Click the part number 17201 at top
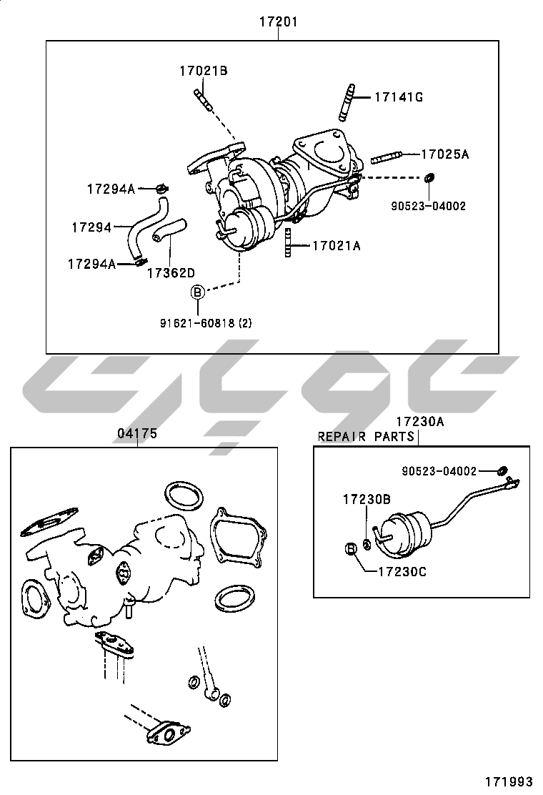point(279,21)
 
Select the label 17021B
point(204,71)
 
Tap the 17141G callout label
point(399,97)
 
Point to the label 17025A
point(445,154)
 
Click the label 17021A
point(337,246)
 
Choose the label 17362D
point(171,273)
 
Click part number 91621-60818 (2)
point(206,322)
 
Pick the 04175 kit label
point(137,433)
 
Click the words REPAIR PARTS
point(366,437)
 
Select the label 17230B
point(367,500)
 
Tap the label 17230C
point(403,572)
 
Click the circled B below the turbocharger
point(197,292)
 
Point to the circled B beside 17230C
point(352,548)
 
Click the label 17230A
point(420,421)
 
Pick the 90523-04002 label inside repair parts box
point(439,472)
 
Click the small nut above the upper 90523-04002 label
point(429,178)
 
